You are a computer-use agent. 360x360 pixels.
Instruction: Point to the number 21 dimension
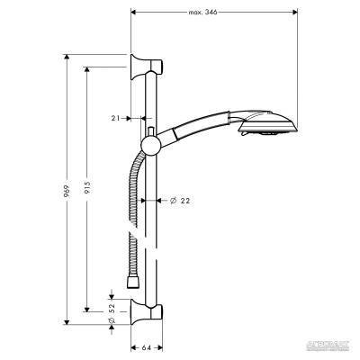[117, 117]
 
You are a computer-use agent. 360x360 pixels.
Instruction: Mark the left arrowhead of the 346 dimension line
[134, 13]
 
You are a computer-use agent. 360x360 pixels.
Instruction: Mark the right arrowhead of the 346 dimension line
[298, 13]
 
